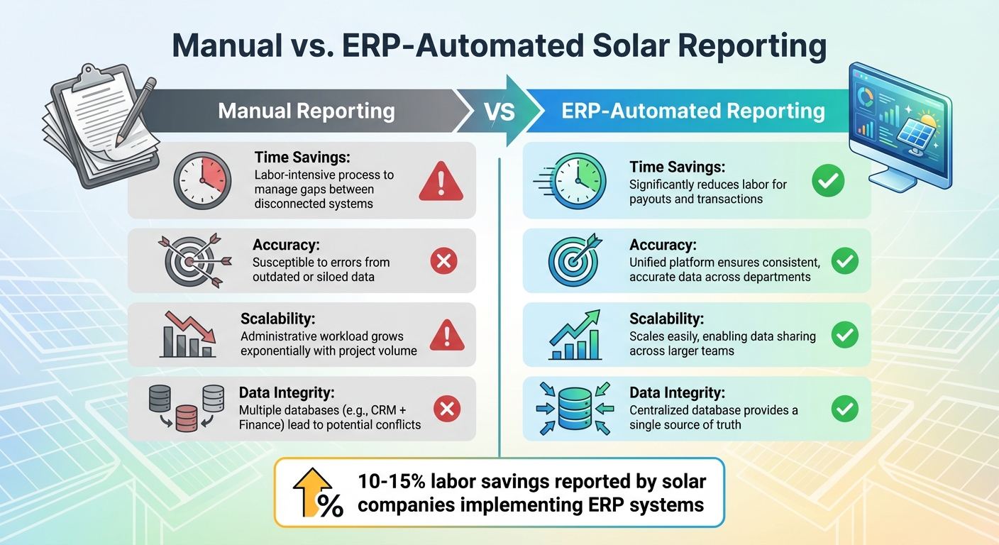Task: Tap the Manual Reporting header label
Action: (x=306, y=111)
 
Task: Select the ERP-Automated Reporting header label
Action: (x=692, y=111)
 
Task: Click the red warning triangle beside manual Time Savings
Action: (x=441, y=182)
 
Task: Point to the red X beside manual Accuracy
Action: (x=444, y=262)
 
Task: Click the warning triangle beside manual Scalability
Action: (x=447, y=335)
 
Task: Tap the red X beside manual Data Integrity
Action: (x=447, y=408)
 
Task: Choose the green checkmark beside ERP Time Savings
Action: (x=828, y=182)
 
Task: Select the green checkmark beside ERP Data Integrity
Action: (x=844, y=408)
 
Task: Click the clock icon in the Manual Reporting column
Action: (x=202, y=181)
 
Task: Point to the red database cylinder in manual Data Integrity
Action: (x=186, y=418)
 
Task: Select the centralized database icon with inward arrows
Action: (x=575, y=408)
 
